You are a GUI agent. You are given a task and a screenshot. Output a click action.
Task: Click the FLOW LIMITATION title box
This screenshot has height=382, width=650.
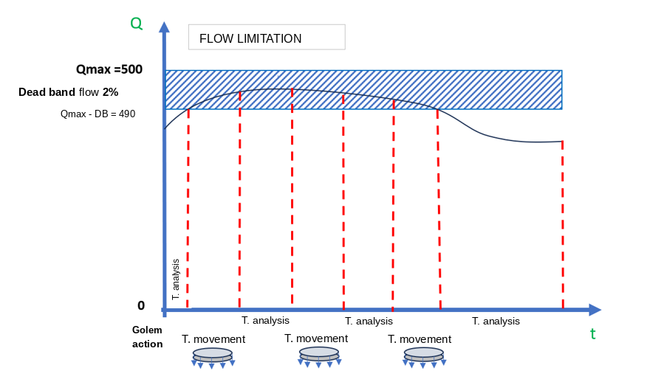pyautogui.click(x=267, y=38)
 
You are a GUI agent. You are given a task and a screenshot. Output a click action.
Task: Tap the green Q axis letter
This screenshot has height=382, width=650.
pyautogui.click(x=137, y=24)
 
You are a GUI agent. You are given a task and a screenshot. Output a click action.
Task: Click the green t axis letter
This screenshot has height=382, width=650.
pyautogui.click(x=593, y=333)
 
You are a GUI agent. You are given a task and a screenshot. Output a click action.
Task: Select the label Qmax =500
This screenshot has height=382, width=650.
pyautogui.click(x=109, y=69)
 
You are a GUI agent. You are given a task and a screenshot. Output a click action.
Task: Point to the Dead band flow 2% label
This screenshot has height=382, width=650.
pyautogui.click(x=69, y=92)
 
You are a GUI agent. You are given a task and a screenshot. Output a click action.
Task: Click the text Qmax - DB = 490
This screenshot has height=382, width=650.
pyautogui.click(x=97, y=114)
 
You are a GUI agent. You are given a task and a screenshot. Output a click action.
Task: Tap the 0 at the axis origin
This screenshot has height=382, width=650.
pyautogui.click(x=141, y=305)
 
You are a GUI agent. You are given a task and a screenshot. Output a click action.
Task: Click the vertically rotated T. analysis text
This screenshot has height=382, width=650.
pyautogui.click(x=176, y=279)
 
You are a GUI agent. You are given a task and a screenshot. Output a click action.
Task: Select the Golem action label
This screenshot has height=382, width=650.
pyautogui.click(x=147, y=337)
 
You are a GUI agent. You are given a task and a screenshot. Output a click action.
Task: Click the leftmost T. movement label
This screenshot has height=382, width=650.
pyautogui.click(x=213, y=339)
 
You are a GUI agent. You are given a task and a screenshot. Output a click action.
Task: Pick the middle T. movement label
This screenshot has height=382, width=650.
pyautogui.click(x=316, y=338)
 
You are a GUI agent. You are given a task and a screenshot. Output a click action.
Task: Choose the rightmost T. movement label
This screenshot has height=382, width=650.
pyautogui.click(x=420, y=339)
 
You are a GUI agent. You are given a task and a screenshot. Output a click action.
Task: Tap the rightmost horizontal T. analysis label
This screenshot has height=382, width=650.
pyautogui.click(x=496, y=322)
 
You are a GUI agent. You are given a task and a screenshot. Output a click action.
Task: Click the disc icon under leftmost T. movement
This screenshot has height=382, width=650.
pyautogui.click(x=213, y=358)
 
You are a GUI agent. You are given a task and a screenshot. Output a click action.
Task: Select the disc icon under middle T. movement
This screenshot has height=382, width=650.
pyautogui.click(x=319, y=357)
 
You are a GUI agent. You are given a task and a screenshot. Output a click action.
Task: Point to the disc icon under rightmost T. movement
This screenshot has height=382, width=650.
pyautogui.click(x=423, y=358)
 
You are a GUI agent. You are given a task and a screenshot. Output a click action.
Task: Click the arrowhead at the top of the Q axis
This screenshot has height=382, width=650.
pyautogui.click(x=165, y=27)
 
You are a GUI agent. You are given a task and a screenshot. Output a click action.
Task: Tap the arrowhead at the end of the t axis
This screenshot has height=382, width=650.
pyautogui.click(x=595, y=310)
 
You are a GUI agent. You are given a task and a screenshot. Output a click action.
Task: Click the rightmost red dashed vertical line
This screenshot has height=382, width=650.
pyautogui.click(x=563, y=225)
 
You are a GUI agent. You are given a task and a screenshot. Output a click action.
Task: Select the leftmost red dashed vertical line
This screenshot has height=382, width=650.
pyautogui.click(x=188, y=208)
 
